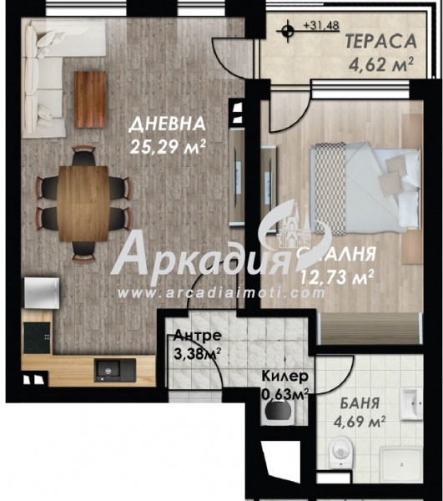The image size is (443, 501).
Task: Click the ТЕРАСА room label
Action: click(380, 41)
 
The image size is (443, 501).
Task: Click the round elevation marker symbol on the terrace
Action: click(287, 32)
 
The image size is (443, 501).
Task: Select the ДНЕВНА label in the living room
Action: click(167, 124)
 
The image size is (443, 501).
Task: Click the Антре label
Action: click(197, 336)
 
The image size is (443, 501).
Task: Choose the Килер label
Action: click(285, 377)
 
